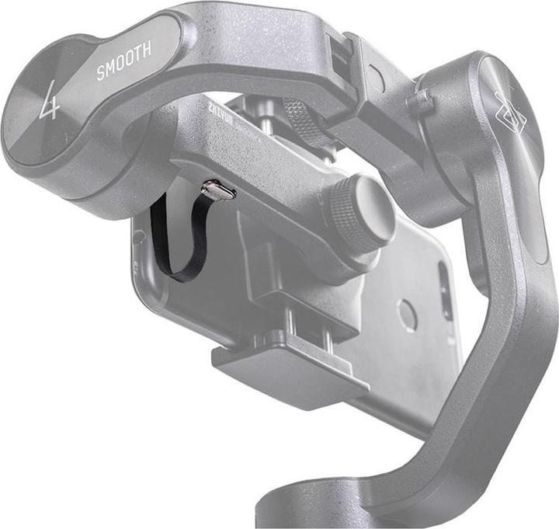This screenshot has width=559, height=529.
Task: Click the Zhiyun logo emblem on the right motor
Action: pyautogui.click(x=510, y=115)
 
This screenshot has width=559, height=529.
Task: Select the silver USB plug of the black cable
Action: pyautogui.click(x=218, y=190)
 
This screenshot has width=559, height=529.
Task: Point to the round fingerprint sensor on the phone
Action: pyautogui.click(x=408, y=314)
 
